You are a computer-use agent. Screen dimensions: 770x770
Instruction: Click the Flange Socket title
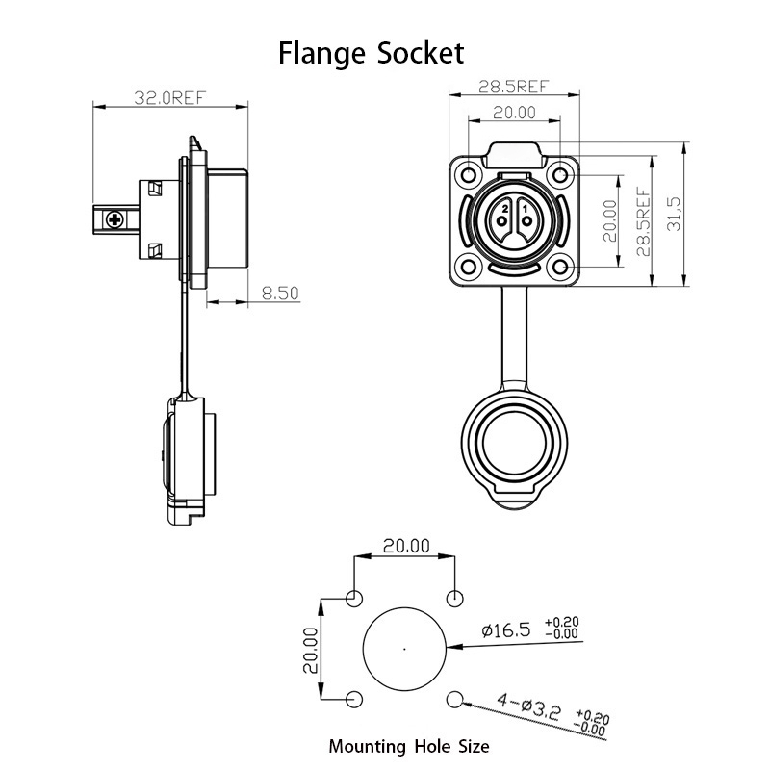point(371,53)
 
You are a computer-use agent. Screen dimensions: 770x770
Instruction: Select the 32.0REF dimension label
point(170,98)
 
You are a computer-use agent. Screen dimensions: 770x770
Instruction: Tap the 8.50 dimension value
point(280,294)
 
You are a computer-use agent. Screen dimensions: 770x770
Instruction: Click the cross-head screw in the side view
point(115,219)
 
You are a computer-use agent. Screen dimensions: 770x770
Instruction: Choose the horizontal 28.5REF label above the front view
point(514,87)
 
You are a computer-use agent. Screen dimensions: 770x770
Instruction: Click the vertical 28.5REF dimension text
point(643,221)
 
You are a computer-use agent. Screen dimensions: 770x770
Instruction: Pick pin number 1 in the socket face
point(526,221)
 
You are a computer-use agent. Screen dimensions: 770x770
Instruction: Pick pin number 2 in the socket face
point(501,221)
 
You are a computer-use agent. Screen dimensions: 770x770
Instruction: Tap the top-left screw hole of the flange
point(469,175)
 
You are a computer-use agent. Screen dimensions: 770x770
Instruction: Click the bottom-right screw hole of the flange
point(560,268)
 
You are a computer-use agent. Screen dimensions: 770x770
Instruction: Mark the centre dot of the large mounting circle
point(404,649)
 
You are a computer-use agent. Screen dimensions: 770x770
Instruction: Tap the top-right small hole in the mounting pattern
point(454,599)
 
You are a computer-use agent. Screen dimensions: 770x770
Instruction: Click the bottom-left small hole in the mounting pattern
point(354,699)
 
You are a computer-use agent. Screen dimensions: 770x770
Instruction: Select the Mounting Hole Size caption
point(409,747)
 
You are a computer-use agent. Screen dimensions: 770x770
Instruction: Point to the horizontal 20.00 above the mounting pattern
point(406,546)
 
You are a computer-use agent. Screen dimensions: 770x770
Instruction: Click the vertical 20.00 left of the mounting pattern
point(310,649)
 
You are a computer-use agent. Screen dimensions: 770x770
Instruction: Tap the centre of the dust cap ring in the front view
point(514,441)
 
